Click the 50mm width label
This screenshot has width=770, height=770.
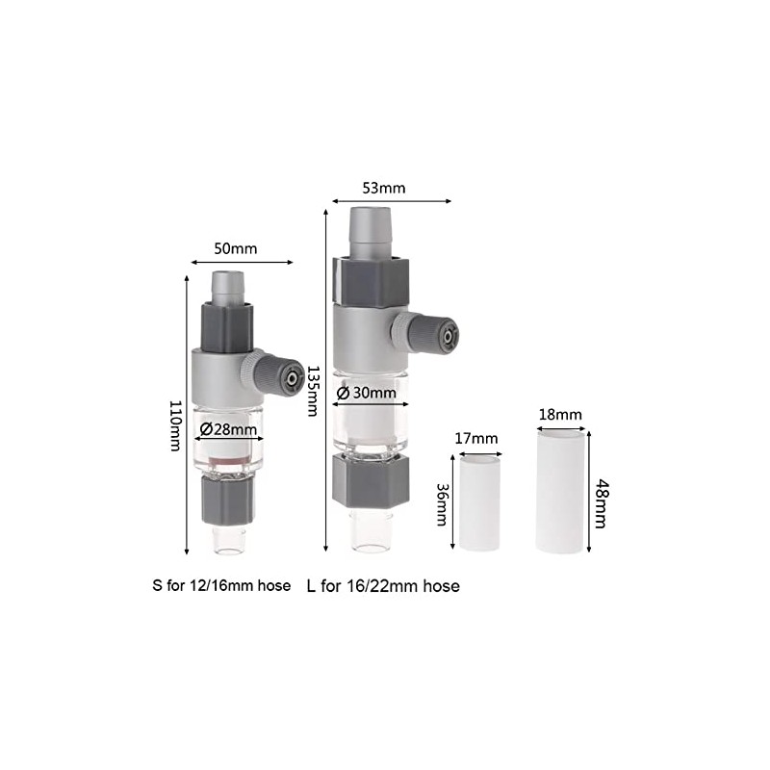(x=236, y=248)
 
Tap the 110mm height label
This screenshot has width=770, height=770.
(x=174, y=426)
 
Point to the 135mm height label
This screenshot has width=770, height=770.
(x=312, y=391)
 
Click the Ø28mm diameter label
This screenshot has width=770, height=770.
(x=227, y=429)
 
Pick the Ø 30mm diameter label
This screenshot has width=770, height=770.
(x=367, y=393)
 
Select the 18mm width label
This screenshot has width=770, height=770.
(x=561, y=415)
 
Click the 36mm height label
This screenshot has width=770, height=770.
(x=441, y=504)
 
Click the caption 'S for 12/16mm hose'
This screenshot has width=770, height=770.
(x=221, y=585)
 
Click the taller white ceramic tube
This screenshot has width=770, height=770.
(x=561, y=491)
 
